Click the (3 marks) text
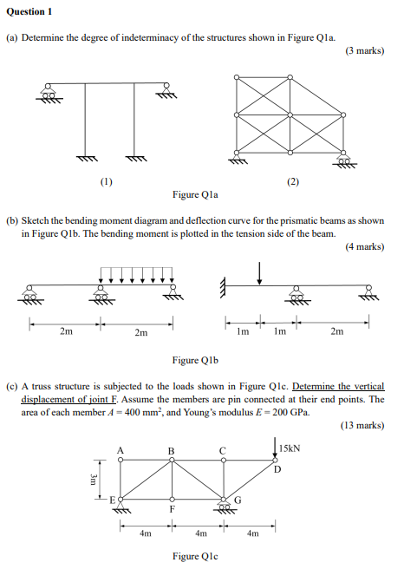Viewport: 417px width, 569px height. [364, 51]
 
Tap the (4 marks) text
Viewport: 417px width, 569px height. [364, 246]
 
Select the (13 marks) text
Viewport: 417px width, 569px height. [362, 425]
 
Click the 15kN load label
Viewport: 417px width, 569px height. [290, 448]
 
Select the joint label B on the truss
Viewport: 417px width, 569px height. [172, 449]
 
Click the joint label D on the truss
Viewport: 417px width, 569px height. [277, 470]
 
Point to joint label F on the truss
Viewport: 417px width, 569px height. [172, 510]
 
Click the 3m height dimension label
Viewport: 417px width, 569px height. [95, 480]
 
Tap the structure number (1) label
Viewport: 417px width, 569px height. [106, 182]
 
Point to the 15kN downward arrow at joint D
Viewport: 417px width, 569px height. [275, 452]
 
